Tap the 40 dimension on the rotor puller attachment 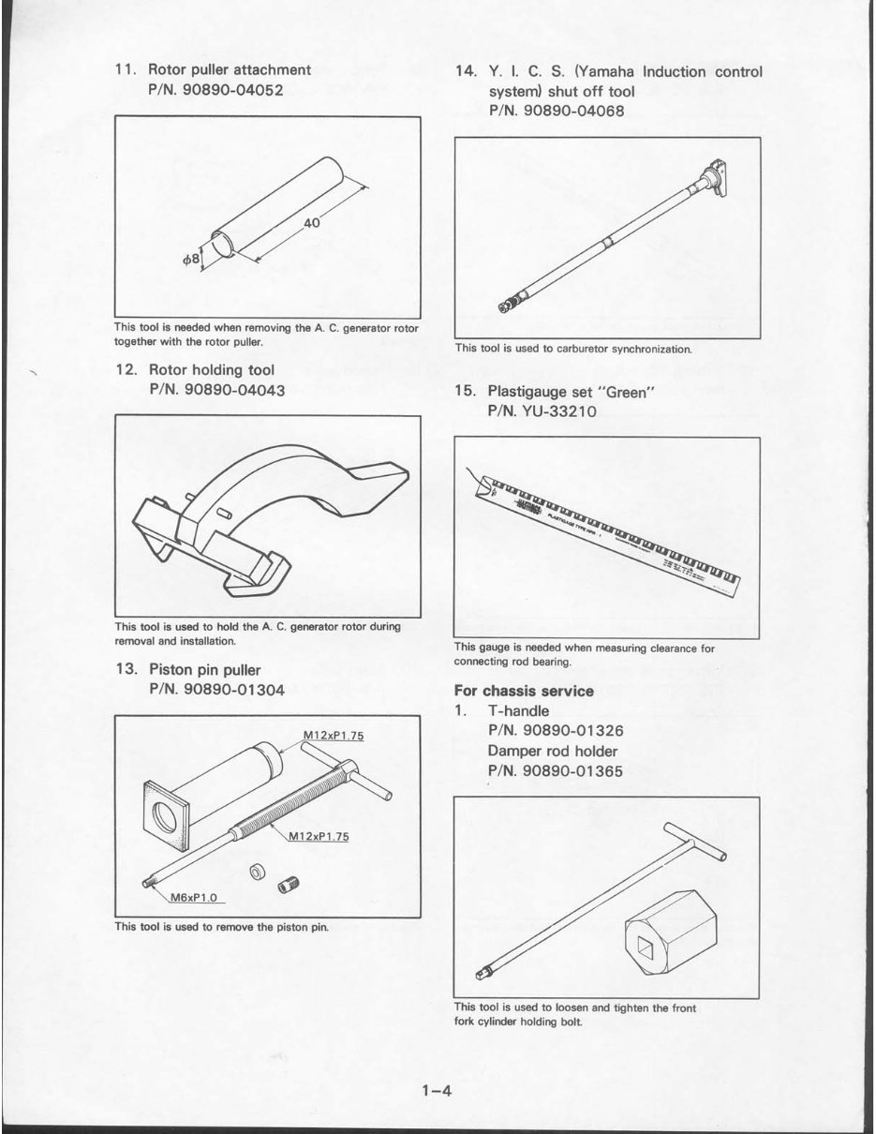[312, 223]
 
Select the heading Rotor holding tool [212, 369]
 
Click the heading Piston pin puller [205, 670]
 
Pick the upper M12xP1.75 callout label [334, 735]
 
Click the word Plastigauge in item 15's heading [530, 392]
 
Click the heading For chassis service [524, 691]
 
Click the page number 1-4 [437, 1091]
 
